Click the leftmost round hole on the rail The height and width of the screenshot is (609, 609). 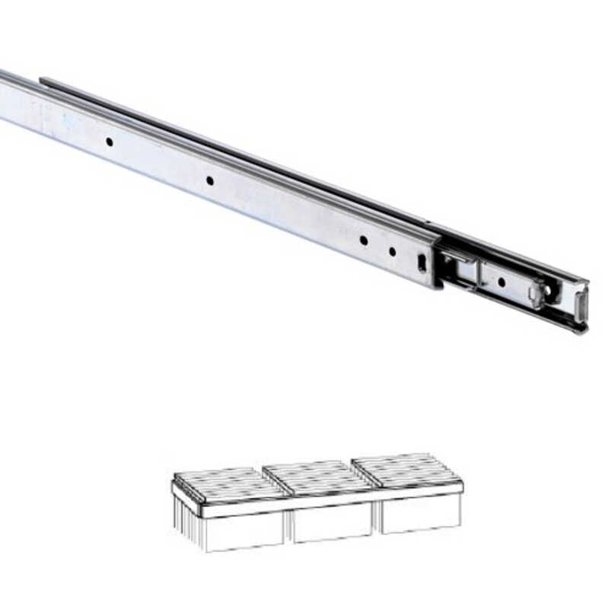pyautogui.click(x=110, y=142)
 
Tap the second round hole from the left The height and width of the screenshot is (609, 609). pyautogui.click(x=209, y=180)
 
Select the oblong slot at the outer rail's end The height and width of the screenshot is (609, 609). pyautogui.click(x=422, y=263)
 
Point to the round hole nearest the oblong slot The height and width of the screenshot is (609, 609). pyautogui.click(x=393, y=251)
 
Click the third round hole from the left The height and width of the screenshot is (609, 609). pyautogui.click(x=363, y=241)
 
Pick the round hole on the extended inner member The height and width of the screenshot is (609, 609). pyautogui.click(x=502, y=282)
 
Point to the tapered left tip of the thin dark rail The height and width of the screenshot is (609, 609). pyautogui.click(x=44, y=80)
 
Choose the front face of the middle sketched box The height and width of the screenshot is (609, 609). pyautogui.click(x=332, y=522)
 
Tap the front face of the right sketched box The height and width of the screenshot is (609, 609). pyautogui.click(x=420, y=514)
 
